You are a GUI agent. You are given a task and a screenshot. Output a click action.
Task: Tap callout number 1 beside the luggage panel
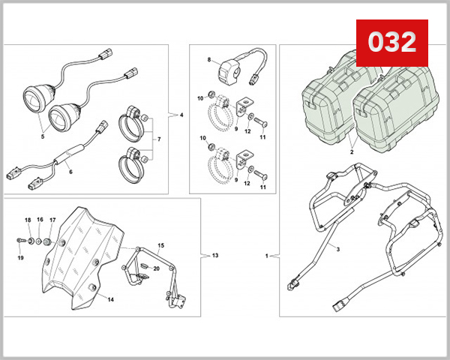(268, 256)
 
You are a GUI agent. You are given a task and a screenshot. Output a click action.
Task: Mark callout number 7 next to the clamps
(210, 58)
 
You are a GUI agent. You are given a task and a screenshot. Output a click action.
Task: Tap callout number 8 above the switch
(214, 256)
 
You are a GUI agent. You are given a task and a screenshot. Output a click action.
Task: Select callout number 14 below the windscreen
(160, 245)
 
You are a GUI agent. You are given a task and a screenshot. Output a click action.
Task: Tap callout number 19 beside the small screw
(156, 268)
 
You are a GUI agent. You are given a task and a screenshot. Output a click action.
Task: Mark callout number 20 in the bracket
(82, 255)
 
